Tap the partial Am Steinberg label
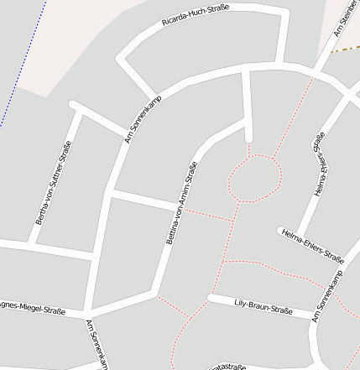[343, 20]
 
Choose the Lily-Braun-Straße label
[263, 306]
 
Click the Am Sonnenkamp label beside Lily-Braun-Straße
[328, 294]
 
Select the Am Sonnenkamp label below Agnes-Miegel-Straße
[98, 344]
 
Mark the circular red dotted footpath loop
[254, 178]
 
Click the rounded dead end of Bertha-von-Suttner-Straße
[74, 106]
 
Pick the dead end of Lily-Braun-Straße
[211, 298]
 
